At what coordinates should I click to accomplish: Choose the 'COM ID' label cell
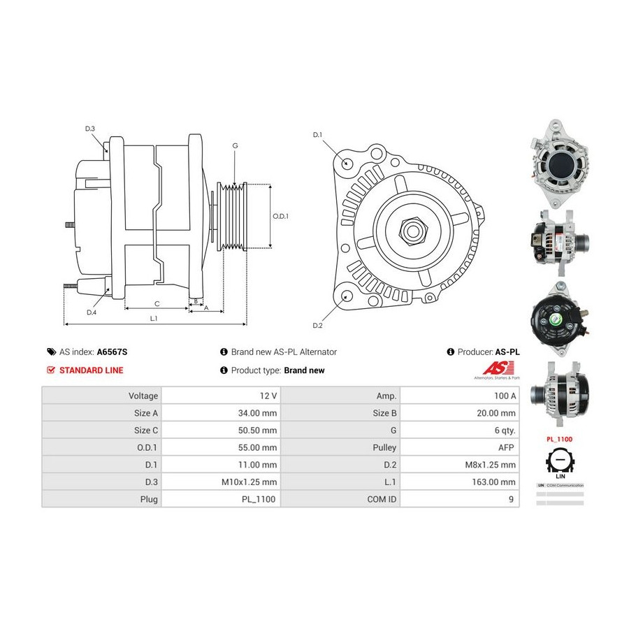pos(382,499)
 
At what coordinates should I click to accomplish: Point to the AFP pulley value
pos(507,447)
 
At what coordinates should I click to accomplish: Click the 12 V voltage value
pos(267,396)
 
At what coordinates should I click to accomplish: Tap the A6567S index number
pos(112,352)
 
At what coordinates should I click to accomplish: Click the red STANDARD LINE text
pos(91,370)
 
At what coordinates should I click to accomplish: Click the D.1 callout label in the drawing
pos(317,134)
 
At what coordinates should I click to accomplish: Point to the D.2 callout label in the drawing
pos(317,326)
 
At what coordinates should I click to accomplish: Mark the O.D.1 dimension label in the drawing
pos(280,216)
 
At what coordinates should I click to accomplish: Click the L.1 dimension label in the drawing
pos(154,318)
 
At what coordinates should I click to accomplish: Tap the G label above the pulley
pos(235,145)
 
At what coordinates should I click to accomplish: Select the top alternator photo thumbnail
pos(560,163)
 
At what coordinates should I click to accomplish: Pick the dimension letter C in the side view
pos(157,303)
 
